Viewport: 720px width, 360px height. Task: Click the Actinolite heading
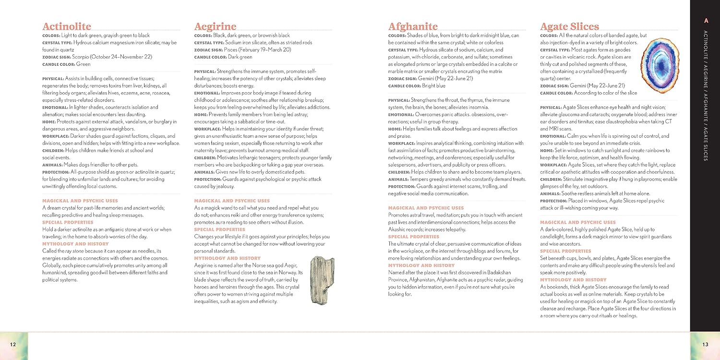(67, 26)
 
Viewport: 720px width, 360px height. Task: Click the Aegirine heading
(215, 26)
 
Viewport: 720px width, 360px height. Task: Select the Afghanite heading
(413, 26)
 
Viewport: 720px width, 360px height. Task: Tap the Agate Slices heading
(569, 26)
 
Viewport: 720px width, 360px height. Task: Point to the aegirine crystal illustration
(322, 280)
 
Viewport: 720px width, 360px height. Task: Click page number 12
(13, 344)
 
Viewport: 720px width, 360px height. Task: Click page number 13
(705, 344)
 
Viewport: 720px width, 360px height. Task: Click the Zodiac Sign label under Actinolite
(56, 57)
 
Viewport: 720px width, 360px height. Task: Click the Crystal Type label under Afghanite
(403, 50)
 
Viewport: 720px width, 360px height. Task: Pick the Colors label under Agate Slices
(549, 36)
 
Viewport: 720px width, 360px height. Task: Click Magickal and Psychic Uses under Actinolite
(80, 201)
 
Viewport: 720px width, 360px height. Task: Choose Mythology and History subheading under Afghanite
(421, 265)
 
